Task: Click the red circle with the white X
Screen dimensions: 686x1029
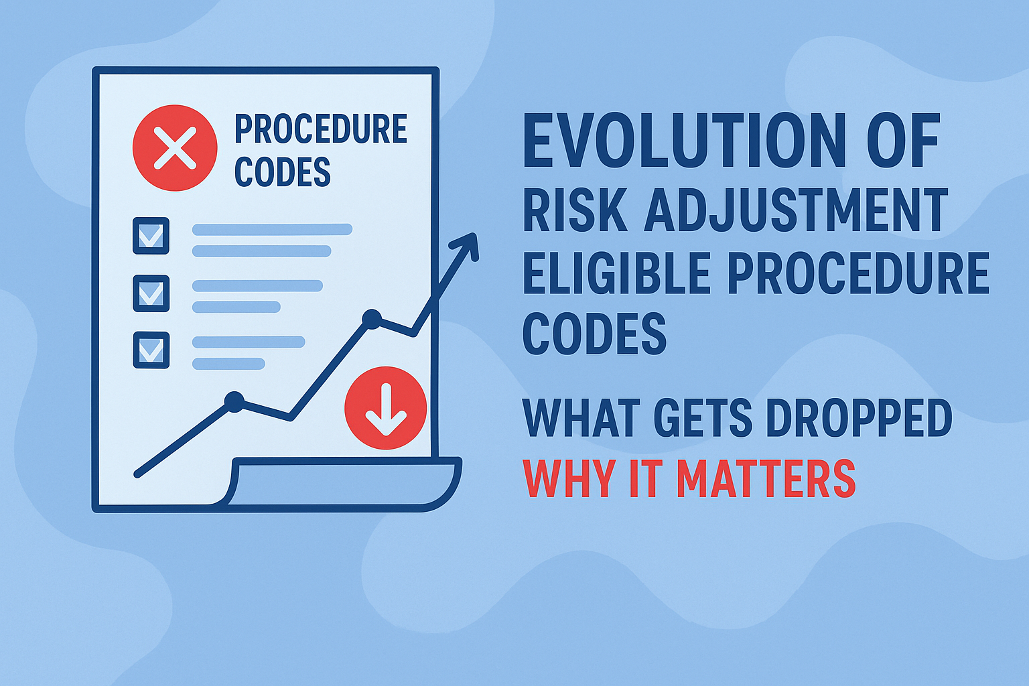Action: [175, 148]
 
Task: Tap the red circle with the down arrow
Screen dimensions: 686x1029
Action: [385, 407]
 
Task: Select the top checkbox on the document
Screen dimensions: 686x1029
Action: [151, 236]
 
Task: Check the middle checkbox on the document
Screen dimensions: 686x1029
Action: [151, 293]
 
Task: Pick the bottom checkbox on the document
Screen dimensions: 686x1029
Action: [151, 350]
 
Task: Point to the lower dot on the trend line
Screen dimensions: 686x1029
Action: [234, 401]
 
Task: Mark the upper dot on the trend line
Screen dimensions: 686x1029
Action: [371, 318]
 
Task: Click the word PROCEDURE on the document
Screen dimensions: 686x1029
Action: [320, 129]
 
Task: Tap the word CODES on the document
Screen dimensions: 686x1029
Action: [282, 172]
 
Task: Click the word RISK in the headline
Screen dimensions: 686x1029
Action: [575, 210]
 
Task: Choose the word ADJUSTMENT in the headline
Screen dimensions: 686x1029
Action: [796, 210]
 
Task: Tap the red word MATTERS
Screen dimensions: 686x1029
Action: [765, 478]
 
